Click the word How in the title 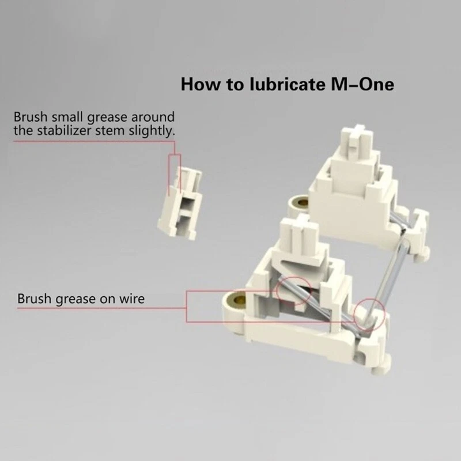pos(200,84)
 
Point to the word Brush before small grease pos(31,117)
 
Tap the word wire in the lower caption pos(132,298)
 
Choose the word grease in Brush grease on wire pos(76,299)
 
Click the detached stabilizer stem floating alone pos(180,203)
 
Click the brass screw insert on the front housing pos(237,300)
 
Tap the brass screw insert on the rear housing pos(301,202)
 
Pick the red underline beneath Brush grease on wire pos(102,308)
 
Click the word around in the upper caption pos(153,117)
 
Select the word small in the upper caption pos(67,117)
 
